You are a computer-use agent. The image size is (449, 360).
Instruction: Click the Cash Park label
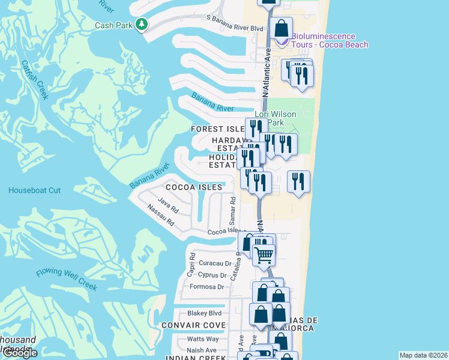coord(114,25)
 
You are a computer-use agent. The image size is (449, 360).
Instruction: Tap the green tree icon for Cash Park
coord(141,25)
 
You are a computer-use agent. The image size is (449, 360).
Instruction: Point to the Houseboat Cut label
coord(34,190)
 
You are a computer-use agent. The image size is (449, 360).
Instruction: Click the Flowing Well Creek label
coord(66,280)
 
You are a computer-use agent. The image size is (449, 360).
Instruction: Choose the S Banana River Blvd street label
coord(235,28)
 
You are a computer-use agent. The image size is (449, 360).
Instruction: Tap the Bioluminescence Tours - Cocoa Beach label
coord(330,41)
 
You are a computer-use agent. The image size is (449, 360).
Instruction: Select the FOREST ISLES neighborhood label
coord(217,129)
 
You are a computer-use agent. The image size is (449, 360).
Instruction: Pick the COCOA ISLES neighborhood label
coord(194,187)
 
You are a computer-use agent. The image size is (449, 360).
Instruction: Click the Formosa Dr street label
coord(206,287)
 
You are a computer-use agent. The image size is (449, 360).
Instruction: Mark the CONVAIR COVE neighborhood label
coord(193,325)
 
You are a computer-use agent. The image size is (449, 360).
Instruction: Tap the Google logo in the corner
coord(20,352)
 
